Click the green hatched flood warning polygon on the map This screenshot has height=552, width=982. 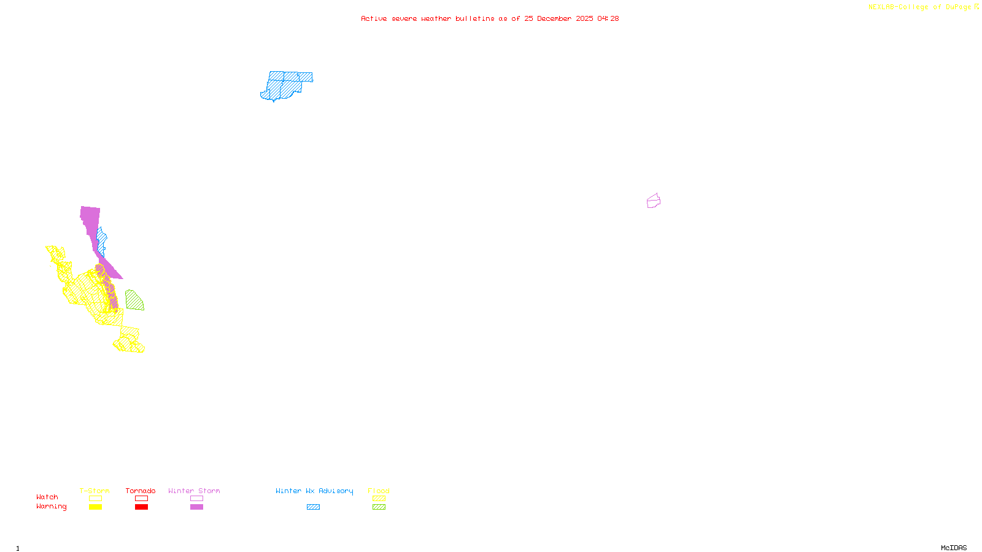click(x=134, y=301)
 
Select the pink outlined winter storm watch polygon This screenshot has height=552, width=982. click(x=654, y=201)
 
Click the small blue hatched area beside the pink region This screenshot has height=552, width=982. click(x=102, y=241)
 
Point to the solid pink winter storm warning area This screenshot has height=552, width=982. click(x=90, y=221)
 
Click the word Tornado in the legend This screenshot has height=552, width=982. click(x=141, y=491)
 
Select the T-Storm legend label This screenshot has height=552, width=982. click(x=95, y=491)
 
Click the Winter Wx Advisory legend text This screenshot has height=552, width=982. click(x=314, y=491)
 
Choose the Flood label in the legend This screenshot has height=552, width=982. click(x=379, y=491)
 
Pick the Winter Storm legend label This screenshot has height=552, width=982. click(x=194, y=491)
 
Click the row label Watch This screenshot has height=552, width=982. click(x=47, y=497)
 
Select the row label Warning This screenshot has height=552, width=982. click(x=52, y=507)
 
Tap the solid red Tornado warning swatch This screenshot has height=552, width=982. click(x=141, y=507)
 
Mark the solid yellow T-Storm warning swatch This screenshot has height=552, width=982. click(x=95, y=507)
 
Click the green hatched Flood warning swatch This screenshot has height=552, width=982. click(x=379, y=507)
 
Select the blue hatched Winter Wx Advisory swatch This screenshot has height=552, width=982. click(x=313, y=507)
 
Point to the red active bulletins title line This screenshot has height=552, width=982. click(x=490, y=18)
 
